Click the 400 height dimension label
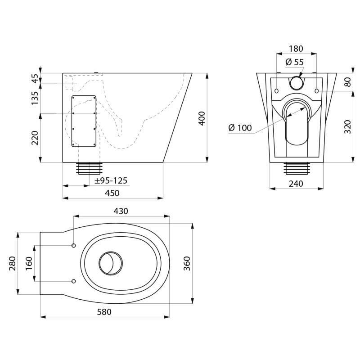202,118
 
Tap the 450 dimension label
112,193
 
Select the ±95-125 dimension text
111,181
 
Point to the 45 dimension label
36,78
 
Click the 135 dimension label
35,98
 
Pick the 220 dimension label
35,138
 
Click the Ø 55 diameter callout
295,62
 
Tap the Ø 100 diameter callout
240,128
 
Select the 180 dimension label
296,49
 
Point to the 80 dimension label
347,82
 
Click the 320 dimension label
347,127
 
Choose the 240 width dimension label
296,184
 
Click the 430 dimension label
121,211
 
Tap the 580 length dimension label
104,312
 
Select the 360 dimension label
187,263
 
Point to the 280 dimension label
12,263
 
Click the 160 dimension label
29,263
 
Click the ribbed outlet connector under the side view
90,168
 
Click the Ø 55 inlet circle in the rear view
296,83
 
